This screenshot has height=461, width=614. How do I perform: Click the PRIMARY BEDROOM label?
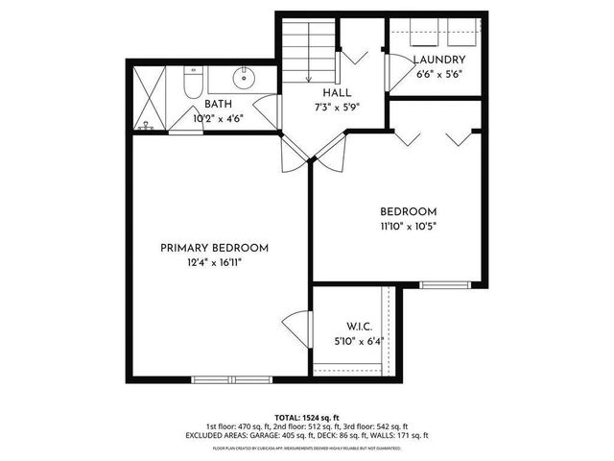point(214,248)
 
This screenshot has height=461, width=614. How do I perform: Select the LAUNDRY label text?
point(439,61)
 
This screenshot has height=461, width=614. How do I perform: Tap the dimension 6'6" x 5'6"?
point(439,75)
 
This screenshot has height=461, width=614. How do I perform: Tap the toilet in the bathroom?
point(191,81)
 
